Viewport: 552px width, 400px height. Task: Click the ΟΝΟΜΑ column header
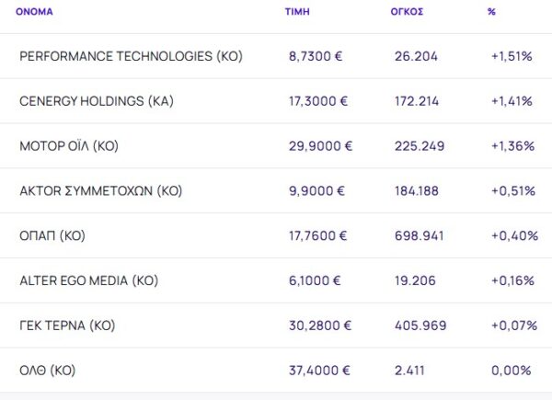(34, 12)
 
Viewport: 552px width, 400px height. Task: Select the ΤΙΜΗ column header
(296, 12)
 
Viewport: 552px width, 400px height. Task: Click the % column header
(491, 12)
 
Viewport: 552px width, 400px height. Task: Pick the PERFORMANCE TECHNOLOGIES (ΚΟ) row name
(131, 57)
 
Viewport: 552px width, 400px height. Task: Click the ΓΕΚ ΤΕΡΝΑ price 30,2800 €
(319, 326)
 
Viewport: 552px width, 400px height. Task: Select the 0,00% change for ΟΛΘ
(512, 371)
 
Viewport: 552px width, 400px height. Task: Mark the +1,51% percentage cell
(512, 57)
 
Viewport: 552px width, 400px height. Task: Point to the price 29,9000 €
(320, 146)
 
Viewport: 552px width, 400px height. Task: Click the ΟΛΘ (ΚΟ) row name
(47, 371)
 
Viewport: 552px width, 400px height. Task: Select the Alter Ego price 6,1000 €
(316, 280)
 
